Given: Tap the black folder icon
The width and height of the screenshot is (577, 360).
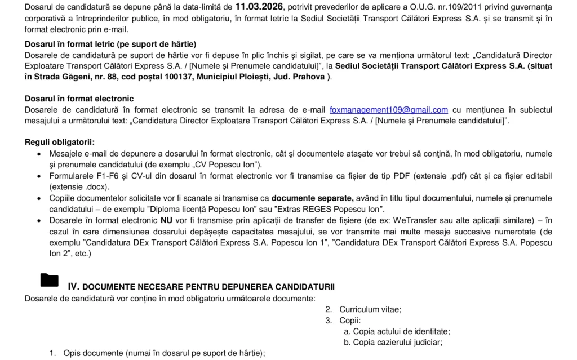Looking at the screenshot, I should point(50,280).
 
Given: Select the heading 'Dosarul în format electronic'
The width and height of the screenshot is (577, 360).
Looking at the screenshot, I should point(79,99).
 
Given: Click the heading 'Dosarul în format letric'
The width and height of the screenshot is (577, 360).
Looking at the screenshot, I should point(110,44).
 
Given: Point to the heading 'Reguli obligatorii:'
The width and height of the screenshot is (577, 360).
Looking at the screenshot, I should point(60,142).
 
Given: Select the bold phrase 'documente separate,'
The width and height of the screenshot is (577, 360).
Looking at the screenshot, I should point(313,198).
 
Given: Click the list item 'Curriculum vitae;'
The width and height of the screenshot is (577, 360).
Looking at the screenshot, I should point(370,309).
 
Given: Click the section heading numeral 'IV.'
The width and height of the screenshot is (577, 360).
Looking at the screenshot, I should point(74,286).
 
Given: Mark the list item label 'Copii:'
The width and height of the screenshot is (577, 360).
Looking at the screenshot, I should point(350,321).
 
